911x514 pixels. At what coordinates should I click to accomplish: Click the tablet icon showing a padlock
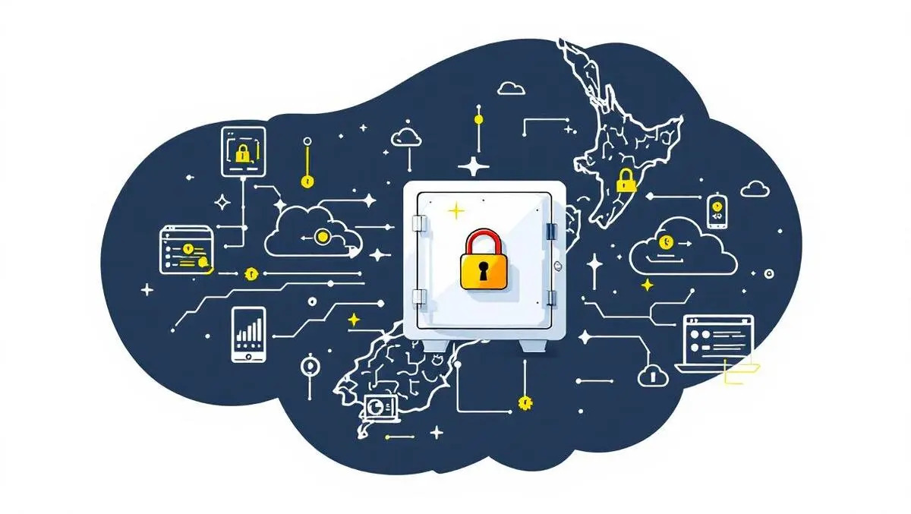point(243,152)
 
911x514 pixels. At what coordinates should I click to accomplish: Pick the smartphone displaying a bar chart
point(249,334)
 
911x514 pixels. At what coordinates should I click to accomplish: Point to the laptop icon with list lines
point(718,344)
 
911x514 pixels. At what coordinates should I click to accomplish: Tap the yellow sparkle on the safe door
point(455,210)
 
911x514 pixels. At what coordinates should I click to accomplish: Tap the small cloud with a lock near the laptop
point(651,374)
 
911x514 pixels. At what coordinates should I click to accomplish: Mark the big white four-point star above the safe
point(474,166)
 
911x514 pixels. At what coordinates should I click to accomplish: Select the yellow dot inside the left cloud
point(322,236)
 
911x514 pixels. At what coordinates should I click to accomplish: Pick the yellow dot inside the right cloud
point(666,242)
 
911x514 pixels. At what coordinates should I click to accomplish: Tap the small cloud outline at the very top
point(511,89)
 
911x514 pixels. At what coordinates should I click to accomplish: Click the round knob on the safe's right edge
point(558,266)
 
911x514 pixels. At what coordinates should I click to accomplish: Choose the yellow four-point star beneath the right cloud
point(647,285)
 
